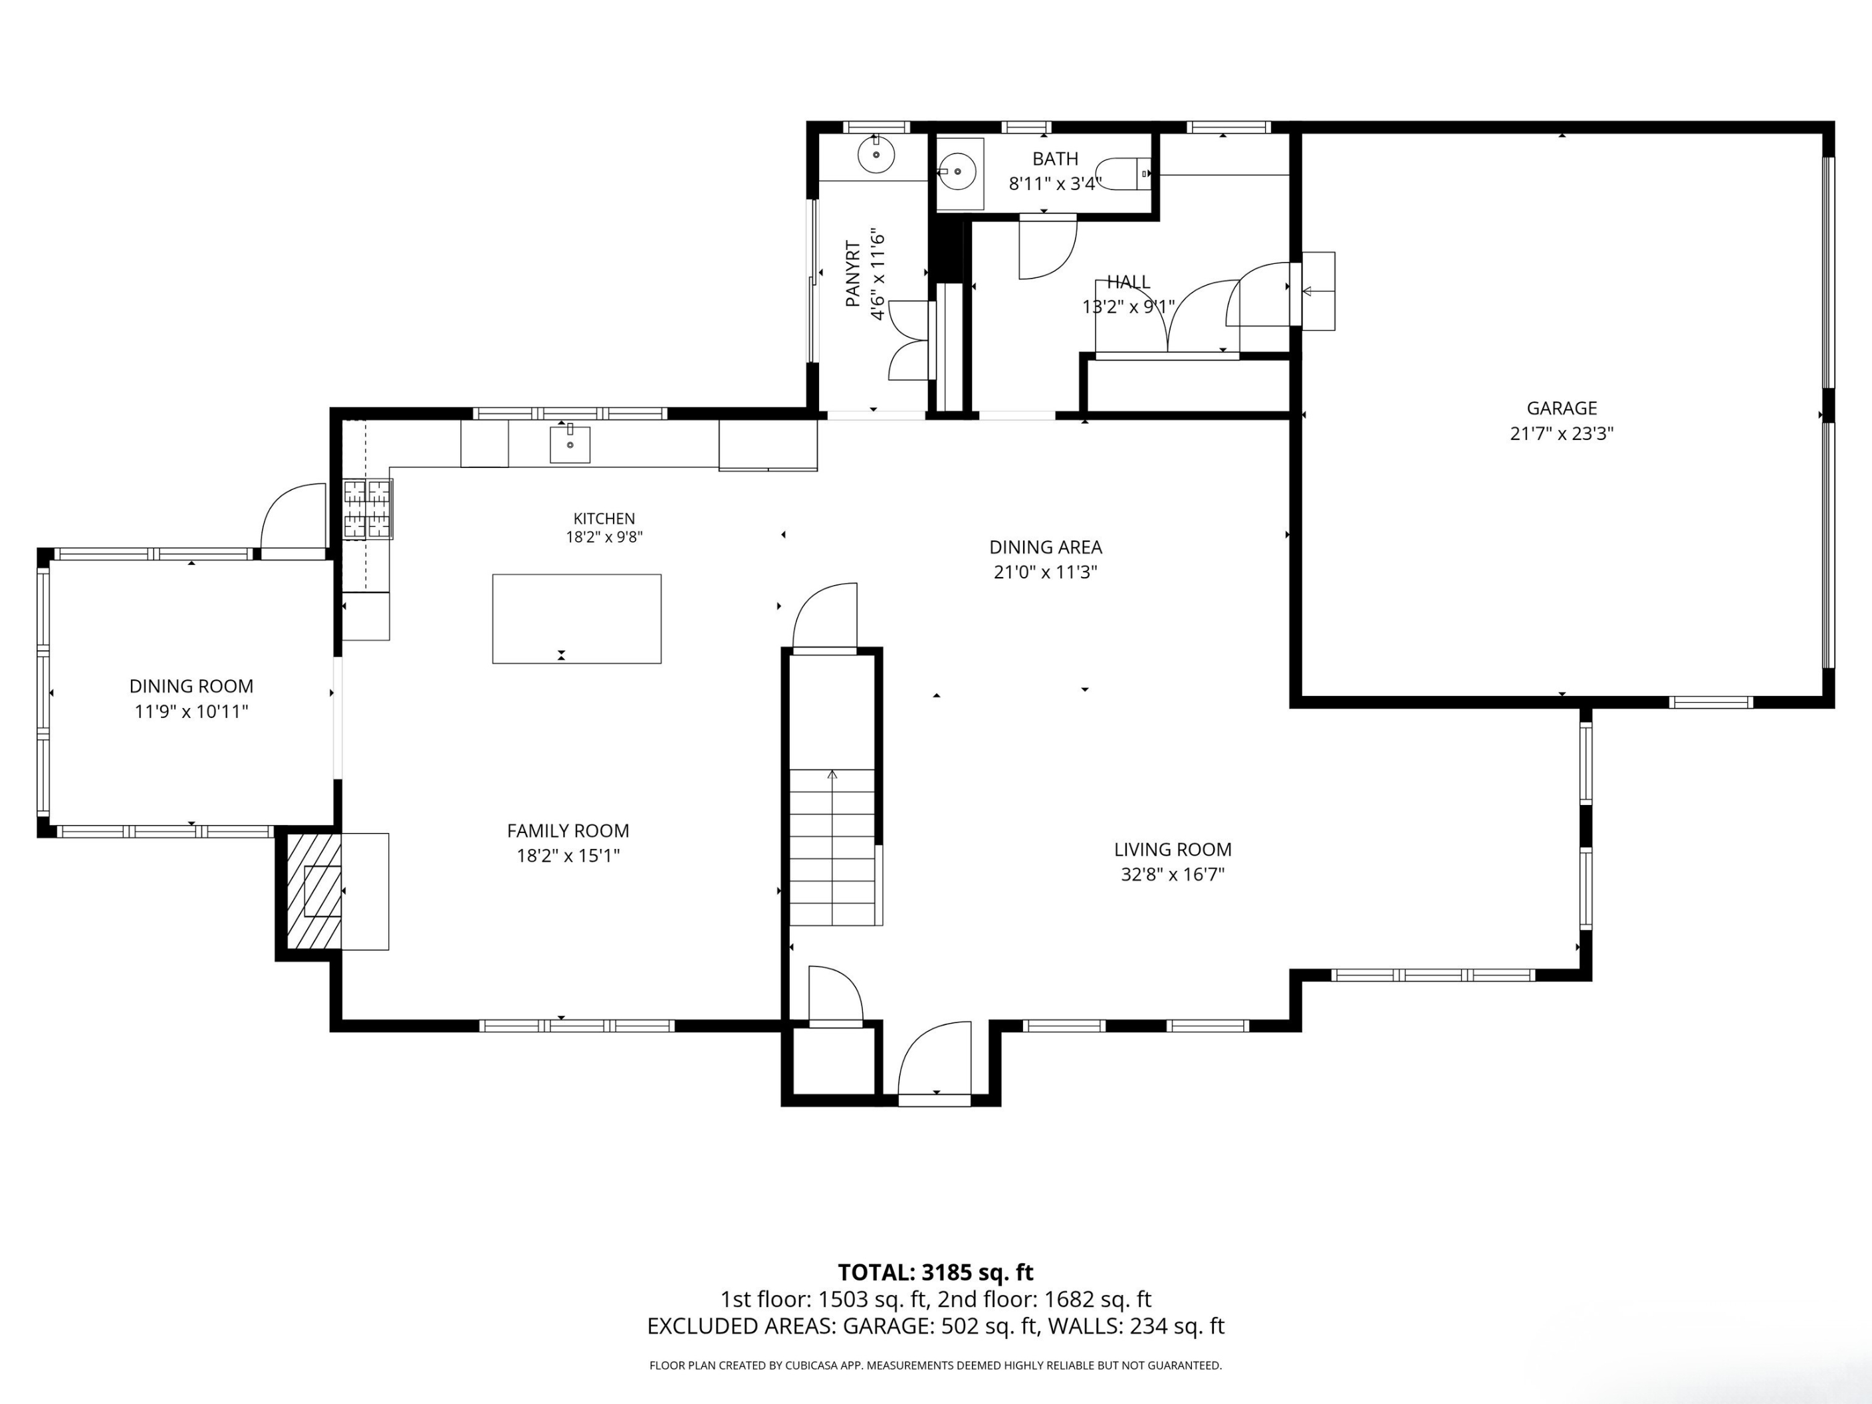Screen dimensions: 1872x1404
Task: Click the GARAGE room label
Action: point(1562,408)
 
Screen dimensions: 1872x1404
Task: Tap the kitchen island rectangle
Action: point(576,619)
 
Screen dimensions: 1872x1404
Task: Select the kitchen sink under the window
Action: point(570,444)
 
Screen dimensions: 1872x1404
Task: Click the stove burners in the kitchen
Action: point(368,509)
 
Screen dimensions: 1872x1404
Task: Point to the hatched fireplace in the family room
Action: point(314,891)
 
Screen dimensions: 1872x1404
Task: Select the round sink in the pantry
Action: point(876,155)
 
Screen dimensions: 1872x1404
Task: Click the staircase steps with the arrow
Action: point(832,846)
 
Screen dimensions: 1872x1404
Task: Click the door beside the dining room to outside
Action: point(292,519)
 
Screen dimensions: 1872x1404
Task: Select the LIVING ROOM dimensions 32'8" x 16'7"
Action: point(1172,874)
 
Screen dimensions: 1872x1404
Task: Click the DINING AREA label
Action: point(1045,546)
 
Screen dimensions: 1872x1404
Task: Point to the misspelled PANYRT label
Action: point(853,273)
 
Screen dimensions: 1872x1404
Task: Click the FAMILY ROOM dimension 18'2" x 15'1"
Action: point(568,856)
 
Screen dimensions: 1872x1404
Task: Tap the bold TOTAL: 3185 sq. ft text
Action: point(935,1272)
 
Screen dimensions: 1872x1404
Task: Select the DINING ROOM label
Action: point(191,686)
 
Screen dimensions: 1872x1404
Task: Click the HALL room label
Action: point(1129,282)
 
